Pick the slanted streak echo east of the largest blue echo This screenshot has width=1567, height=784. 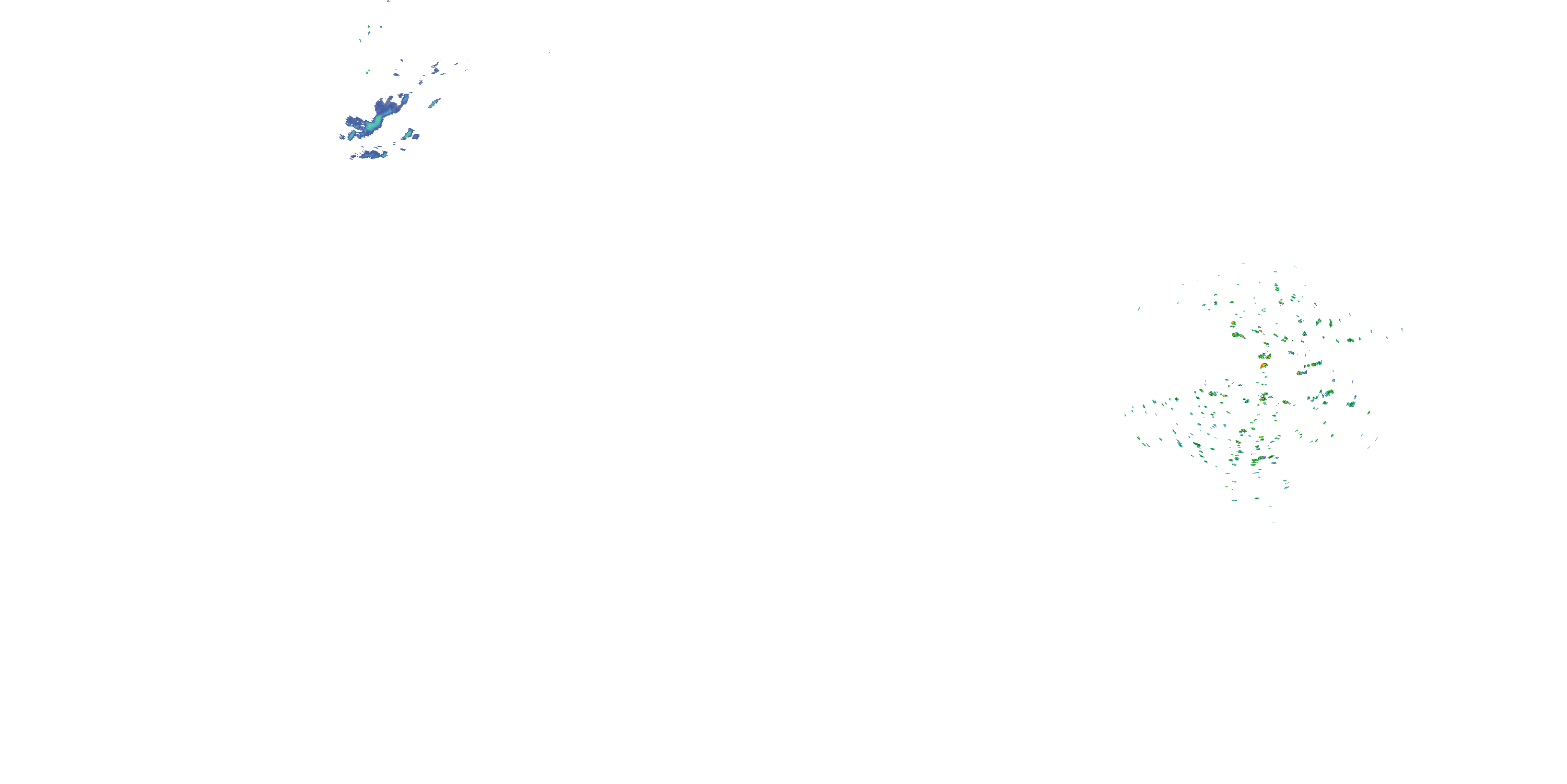[435, 103]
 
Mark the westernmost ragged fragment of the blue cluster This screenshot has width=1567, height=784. [343, 137]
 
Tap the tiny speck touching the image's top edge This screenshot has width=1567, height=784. [388, 1]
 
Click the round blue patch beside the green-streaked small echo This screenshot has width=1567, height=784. [417, 136]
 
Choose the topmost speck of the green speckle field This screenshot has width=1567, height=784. [1243, 263]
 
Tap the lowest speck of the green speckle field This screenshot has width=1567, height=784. [1274, 522]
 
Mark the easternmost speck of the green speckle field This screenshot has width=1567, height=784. [1402, 329]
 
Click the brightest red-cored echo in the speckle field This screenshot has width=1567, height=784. [1264, 365]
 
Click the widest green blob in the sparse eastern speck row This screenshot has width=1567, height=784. [1350, 340]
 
